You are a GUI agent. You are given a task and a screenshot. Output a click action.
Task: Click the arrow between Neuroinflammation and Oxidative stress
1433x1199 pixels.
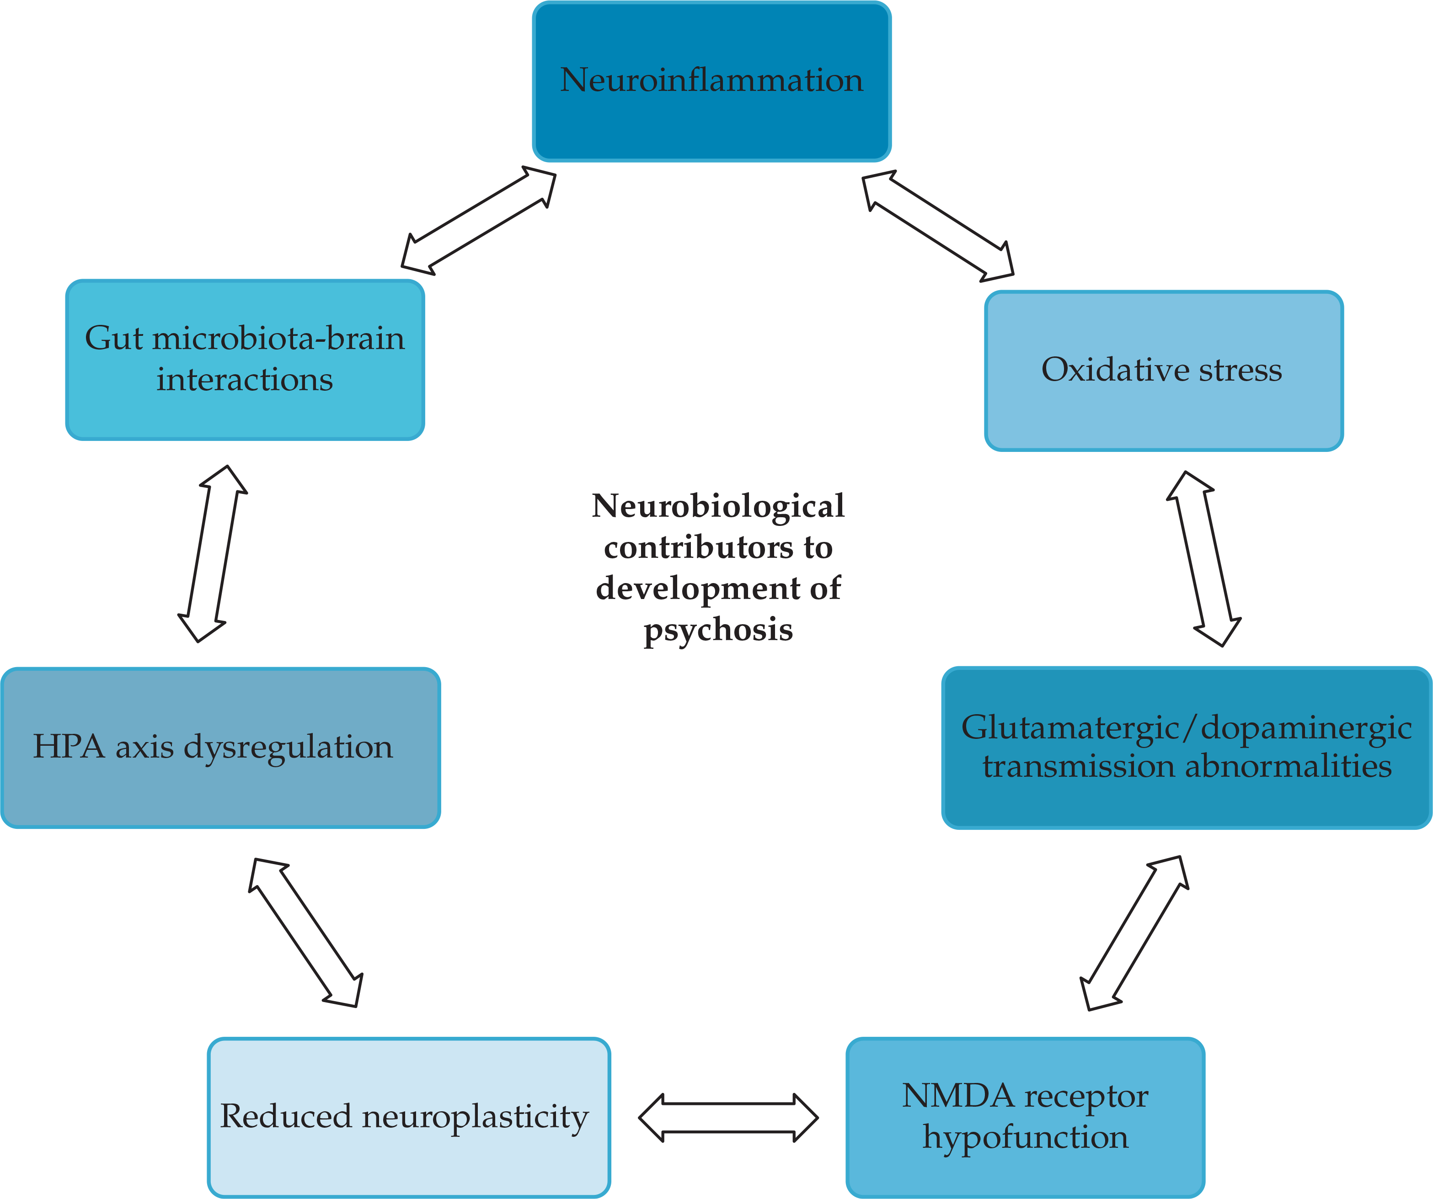938,226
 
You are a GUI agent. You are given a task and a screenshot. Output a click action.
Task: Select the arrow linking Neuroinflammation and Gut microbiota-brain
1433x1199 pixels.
478,220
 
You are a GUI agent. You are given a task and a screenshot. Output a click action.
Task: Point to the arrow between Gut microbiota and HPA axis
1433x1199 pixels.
212,553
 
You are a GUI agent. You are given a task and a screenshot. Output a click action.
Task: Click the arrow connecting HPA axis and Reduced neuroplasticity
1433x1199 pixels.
306,932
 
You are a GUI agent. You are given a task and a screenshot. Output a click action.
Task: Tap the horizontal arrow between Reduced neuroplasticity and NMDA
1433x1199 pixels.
728,1117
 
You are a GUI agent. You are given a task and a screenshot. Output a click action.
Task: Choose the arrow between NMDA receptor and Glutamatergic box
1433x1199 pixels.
1134,933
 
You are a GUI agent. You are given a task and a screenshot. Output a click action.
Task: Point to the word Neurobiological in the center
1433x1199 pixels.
718,506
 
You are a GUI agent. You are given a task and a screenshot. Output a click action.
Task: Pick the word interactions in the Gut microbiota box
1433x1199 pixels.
244,379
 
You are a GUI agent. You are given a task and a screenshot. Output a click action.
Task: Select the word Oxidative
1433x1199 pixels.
1114,370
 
